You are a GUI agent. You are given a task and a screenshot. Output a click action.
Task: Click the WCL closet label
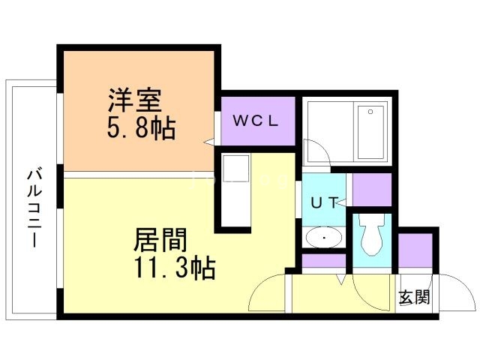pos(254,120)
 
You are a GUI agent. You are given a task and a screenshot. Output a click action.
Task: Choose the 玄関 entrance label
pos(413,297)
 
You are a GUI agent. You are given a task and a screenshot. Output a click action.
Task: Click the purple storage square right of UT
pos(372,190)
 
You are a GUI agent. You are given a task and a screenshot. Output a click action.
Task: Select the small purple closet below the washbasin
pos(324,263)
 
